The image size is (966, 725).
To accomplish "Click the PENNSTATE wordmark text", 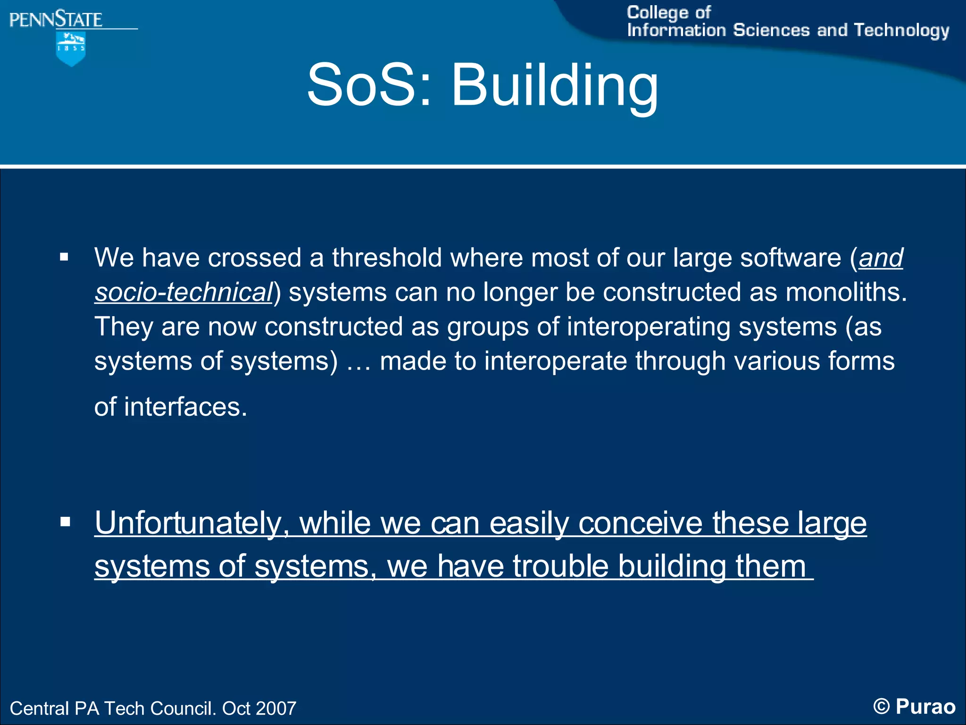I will pos(56,20).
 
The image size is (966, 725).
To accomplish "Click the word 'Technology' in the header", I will pos(901,31).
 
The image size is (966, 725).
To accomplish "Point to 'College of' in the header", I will pos(668,13).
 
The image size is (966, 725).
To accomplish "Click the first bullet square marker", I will pos(65,258).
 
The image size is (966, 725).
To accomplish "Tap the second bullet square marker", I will pos(65,522).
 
